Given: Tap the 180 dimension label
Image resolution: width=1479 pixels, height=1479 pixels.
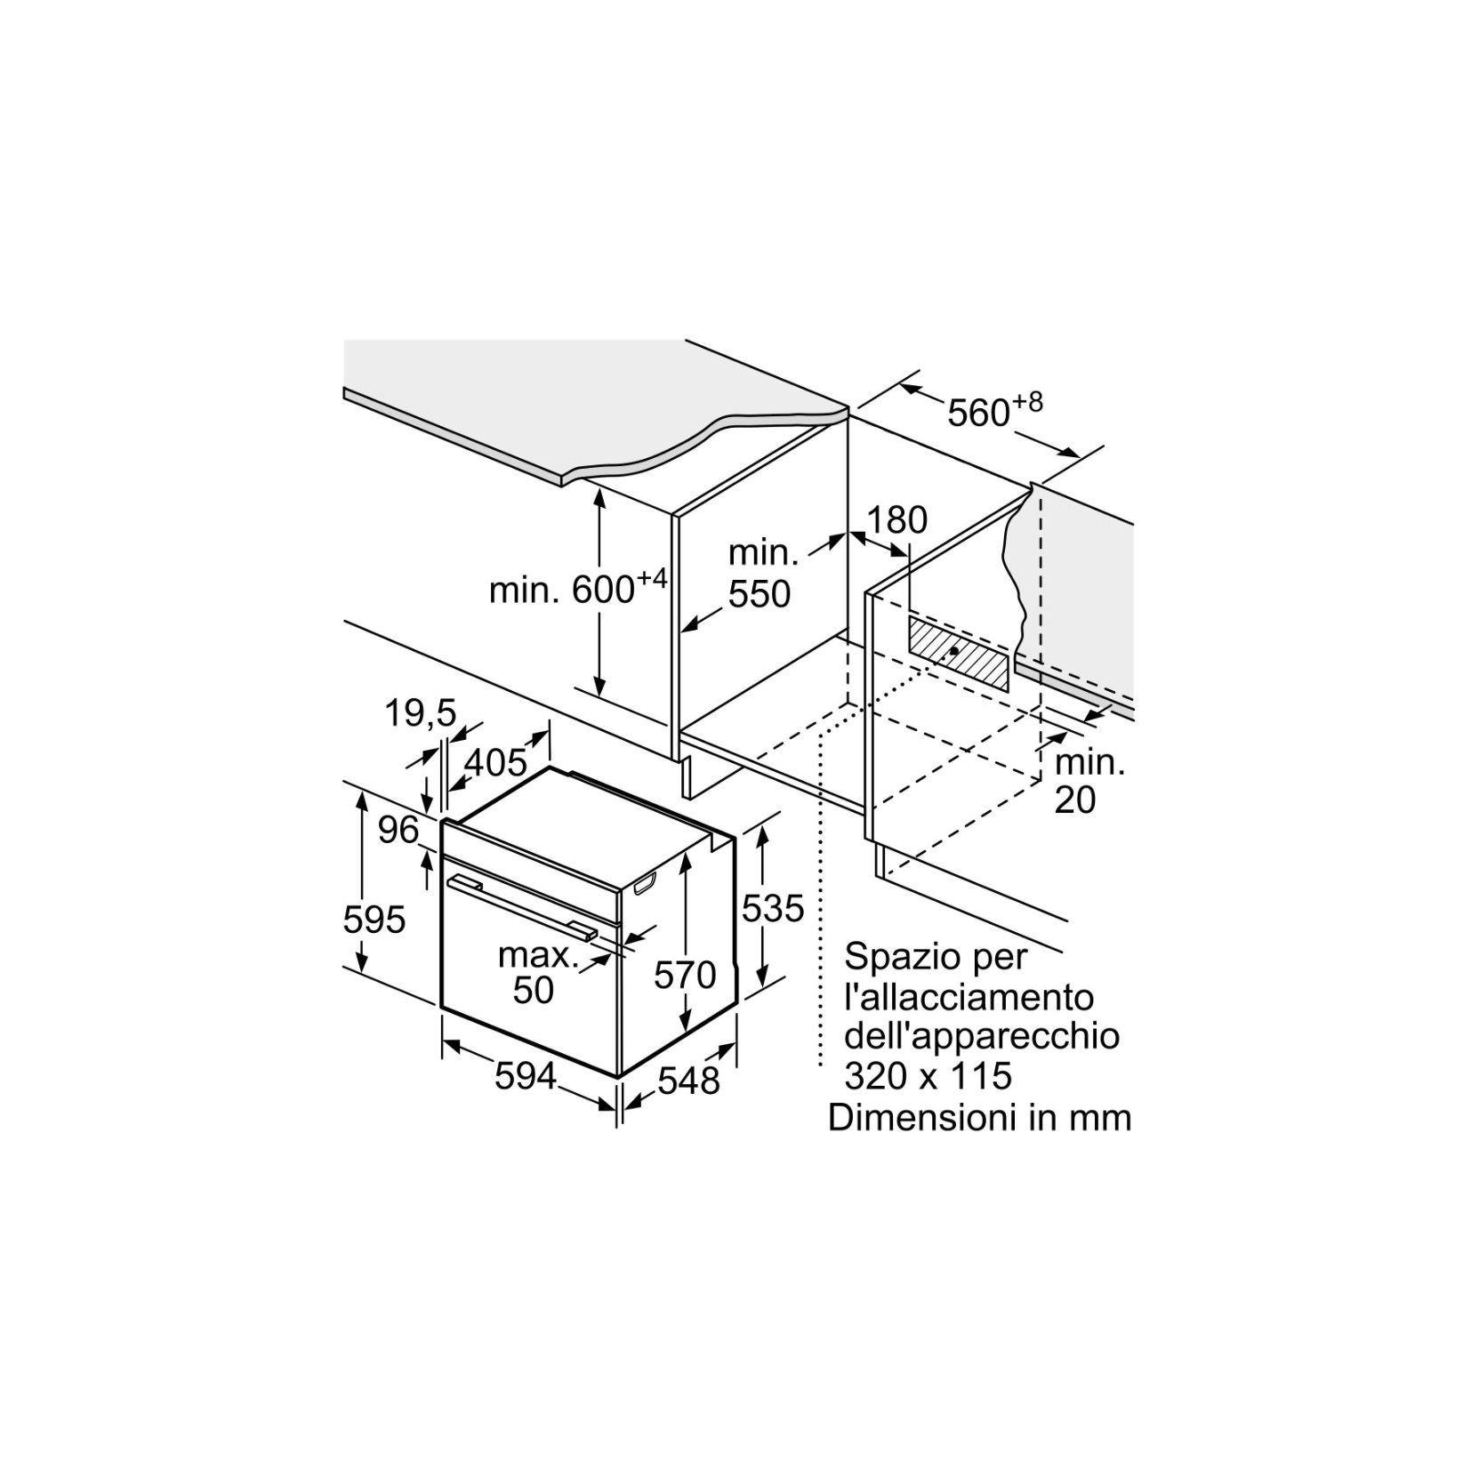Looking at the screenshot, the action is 896,520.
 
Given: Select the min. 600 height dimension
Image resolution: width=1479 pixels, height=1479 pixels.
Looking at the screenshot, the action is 577,587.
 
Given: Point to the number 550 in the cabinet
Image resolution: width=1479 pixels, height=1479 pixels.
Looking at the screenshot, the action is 760,593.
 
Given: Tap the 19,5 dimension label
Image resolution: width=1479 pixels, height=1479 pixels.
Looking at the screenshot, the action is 421,711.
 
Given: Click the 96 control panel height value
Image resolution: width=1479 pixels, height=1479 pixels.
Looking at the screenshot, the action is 398,830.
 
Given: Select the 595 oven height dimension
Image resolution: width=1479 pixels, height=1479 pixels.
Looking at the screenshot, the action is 374,919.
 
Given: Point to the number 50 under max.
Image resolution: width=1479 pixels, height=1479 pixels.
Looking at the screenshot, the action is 534,990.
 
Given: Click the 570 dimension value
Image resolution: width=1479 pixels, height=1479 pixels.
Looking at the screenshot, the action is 685,975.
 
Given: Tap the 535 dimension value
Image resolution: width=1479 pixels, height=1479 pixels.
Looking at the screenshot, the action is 773,908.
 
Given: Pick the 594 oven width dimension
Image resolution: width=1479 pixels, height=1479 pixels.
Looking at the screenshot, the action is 526,1076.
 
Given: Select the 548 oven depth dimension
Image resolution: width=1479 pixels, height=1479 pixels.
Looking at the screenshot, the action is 688,1081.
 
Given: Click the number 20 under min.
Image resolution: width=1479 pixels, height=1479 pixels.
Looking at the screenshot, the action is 1074,800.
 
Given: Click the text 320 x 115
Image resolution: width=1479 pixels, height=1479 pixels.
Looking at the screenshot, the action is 928,1075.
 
